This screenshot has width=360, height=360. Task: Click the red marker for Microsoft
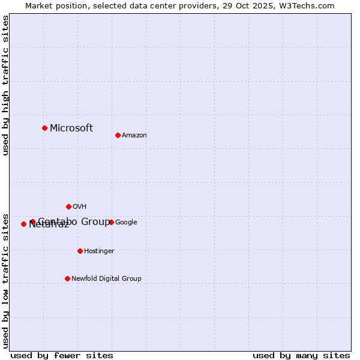(44, 128)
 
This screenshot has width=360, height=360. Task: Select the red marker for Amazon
(118, 135)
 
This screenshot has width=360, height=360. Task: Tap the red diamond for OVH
(68, 206)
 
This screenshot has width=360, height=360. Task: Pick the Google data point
(111, 222)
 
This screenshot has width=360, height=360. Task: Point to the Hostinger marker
(80, 251)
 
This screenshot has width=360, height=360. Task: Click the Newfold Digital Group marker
(67, 278)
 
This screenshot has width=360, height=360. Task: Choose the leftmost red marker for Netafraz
(23, 224)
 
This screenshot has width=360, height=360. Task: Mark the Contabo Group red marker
(32, 222)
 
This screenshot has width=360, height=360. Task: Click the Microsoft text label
(71, 128)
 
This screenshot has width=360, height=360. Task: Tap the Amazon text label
(134, 135)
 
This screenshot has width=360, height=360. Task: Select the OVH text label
(80, 206)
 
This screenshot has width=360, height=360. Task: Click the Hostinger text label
(99, 251)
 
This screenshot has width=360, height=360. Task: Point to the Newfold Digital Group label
(106, 278)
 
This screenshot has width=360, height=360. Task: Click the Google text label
(126, 222)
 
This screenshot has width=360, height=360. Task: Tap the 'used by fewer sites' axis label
(62, 355)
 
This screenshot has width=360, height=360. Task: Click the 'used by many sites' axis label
(301, 355)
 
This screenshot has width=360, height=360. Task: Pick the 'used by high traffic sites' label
(5, 86)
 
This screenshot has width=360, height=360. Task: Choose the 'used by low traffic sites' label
(5, 280)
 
